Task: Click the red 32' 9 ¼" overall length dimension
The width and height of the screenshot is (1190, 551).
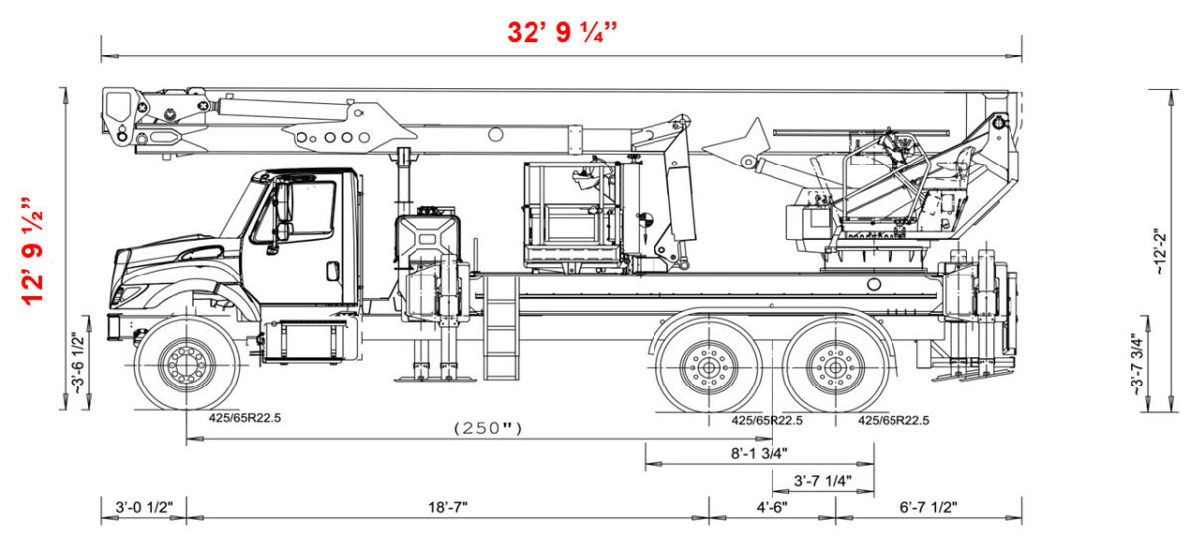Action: [x=562, y=31]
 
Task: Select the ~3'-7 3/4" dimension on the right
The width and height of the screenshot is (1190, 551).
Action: [x=1137, y=364]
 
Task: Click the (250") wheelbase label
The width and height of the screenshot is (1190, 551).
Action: [x=487, y=428]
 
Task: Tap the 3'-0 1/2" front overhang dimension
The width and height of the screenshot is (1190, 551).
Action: [x=144, y=507]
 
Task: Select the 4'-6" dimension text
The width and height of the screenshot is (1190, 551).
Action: [x=772, y=507]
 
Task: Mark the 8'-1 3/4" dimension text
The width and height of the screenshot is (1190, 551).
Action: [x=759, y=453]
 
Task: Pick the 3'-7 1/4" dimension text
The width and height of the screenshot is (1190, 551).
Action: [x=822, y=480]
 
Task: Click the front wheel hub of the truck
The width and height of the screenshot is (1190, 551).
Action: [x=186, y=364]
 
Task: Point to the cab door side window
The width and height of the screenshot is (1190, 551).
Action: [x=303, y=210]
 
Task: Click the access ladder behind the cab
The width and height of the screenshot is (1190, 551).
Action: [x=501, y=327]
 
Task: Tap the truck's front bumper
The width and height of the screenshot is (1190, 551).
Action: [x=115, y=326]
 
